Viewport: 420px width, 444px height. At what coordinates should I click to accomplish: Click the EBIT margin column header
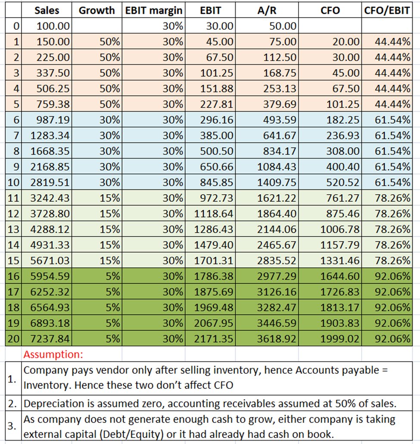point(153,10)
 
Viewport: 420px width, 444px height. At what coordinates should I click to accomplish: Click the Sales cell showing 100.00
point(53,26)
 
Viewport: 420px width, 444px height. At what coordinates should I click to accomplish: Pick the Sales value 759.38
point(53,104)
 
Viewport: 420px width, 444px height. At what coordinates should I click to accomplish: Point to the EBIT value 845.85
point(218,182)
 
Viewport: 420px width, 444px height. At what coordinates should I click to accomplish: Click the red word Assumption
point(52,355)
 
